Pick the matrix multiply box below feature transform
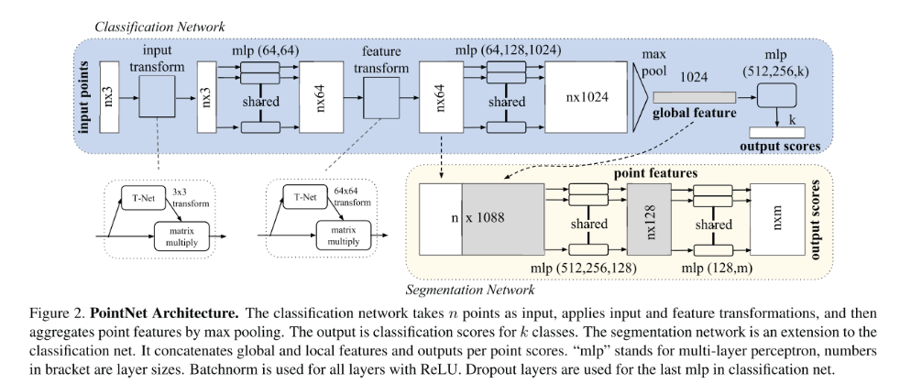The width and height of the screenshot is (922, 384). point(339,234)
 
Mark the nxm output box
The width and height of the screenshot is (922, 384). point(777,223)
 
